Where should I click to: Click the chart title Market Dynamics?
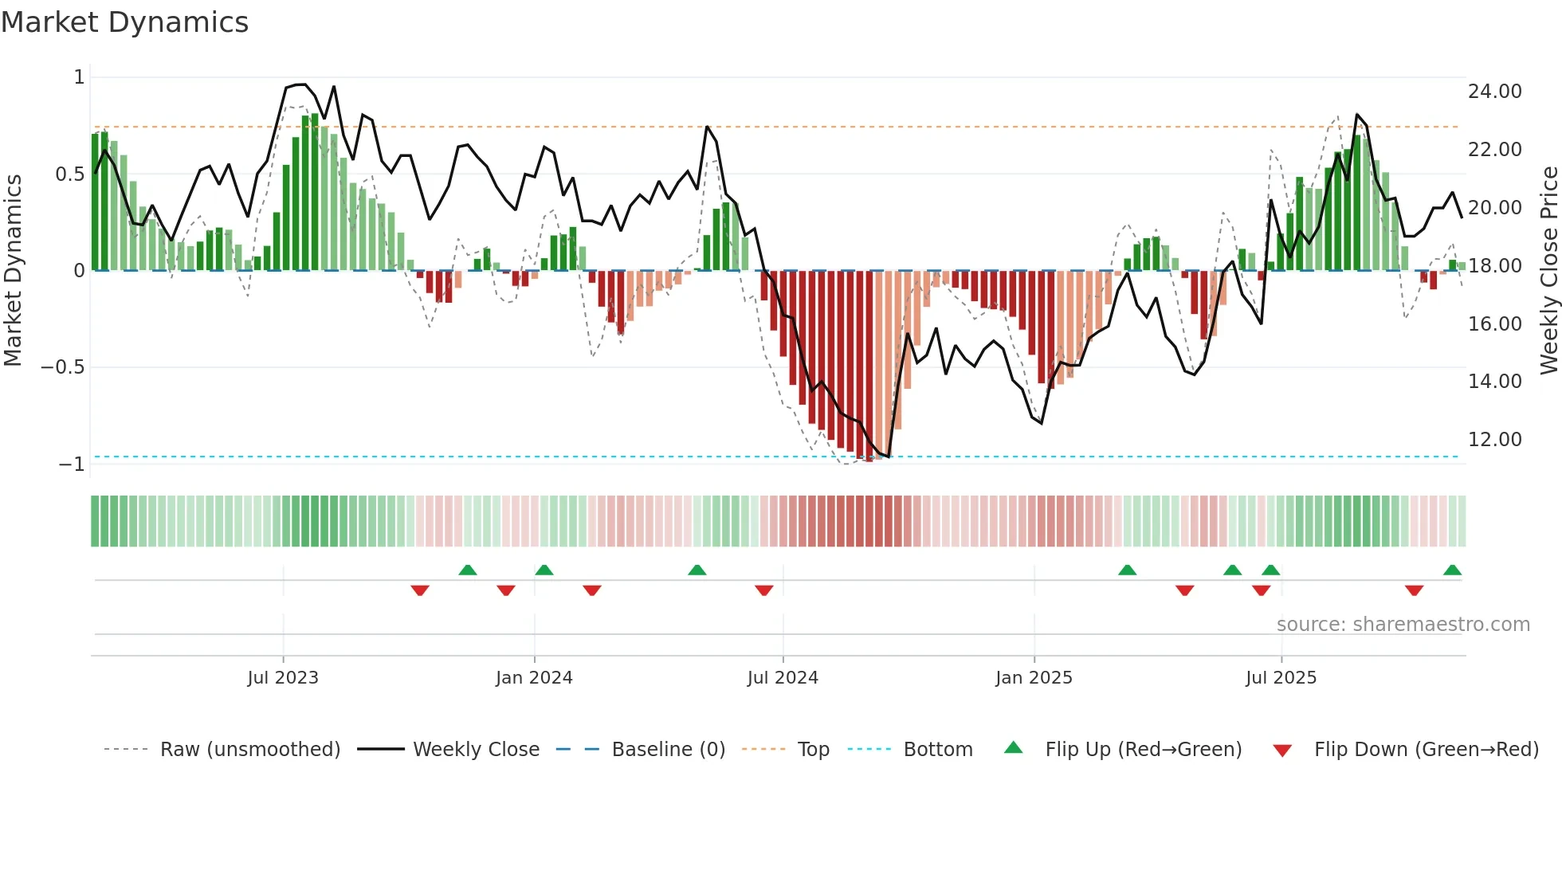pos(124,22)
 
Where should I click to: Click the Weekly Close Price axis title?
pos(1548,270)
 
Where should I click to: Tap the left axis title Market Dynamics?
pos(13,270)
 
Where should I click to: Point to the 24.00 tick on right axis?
pos(1494,92)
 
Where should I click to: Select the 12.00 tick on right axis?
pos(1494,440)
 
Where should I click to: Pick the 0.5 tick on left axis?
pos(69,174)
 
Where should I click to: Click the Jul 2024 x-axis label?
pos(783,678)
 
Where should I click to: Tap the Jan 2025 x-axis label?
pos(1034,678)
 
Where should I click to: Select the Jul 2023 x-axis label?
pos(283,678)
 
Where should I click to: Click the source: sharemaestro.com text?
pos(1403,625)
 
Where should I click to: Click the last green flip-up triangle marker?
pos(1452,570)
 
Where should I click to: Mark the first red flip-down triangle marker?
pos(420,590)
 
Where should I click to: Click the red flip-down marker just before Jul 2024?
pos(764,590)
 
